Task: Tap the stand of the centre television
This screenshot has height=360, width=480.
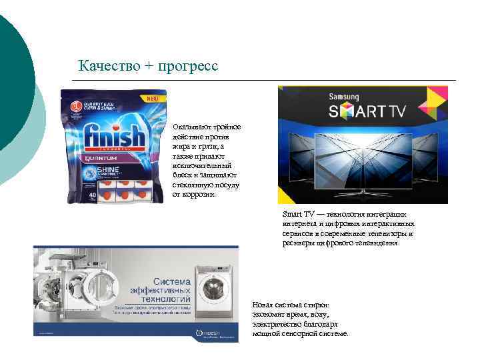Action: [x=363, y=191]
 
